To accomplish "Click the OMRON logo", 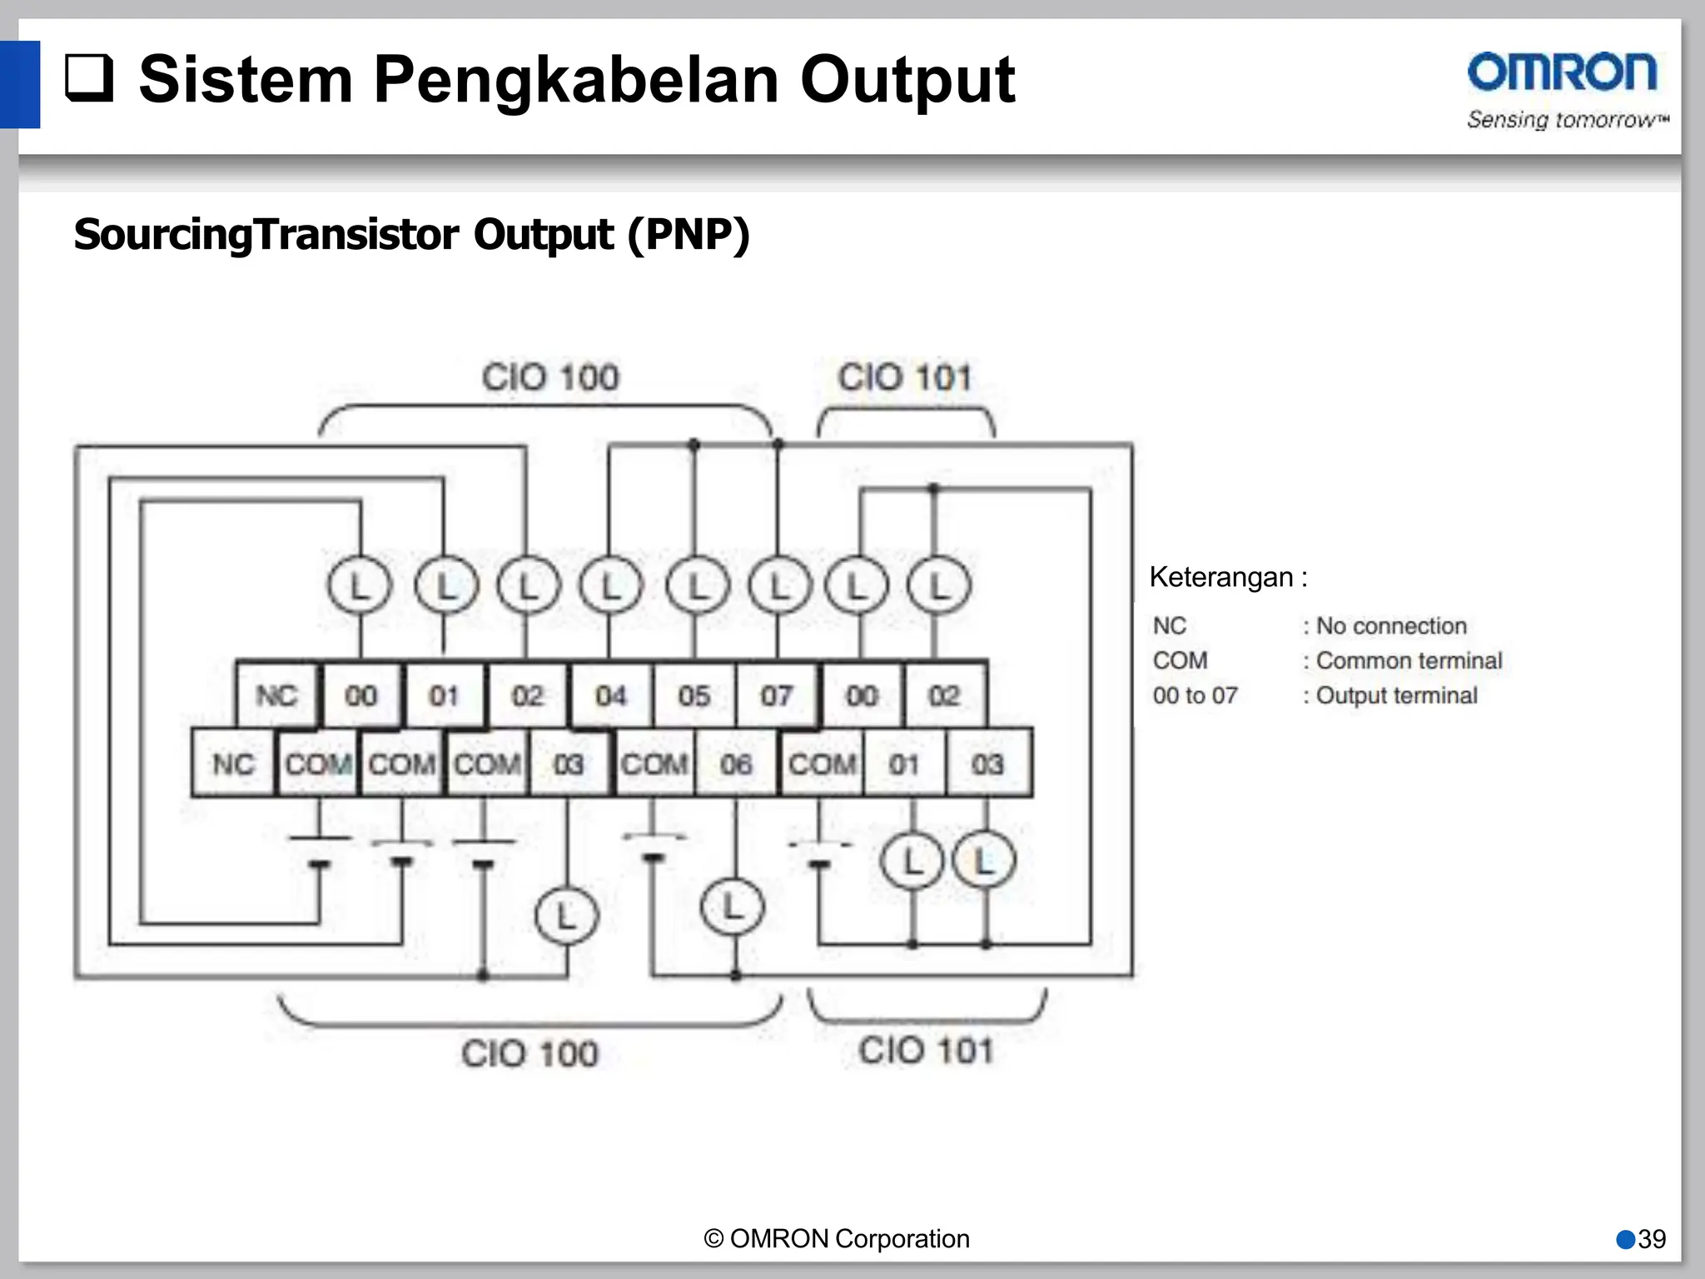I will click(1562, 73).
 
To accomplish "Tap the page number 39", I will click(1652, 1239).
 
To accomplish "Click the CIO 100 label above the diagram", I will click(550, 377).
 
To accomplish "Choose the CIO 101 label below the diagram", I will click(927, 1051).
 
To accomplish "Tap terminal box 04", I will click(610, 695).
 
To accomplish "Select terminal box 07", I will click(776, 695).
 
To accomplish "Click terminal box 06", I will click(736, 764).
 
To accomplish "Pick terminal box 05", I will click(693, 695).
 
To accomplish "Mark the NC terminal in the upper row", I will click(276, 695).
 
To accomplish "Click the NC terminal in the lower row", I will click(233, 764).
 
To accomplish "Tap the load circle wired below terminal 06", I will click(732, 908).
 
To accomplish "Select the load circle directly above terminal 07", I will click(779, 586).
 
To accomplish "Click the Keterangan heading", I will click(1228, 577).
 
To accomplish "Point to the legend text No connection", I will click(1391, 626).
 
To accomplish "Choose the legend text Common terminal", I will click(1409, 661).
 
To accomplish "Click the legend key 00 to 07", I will click(1195, 695).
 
